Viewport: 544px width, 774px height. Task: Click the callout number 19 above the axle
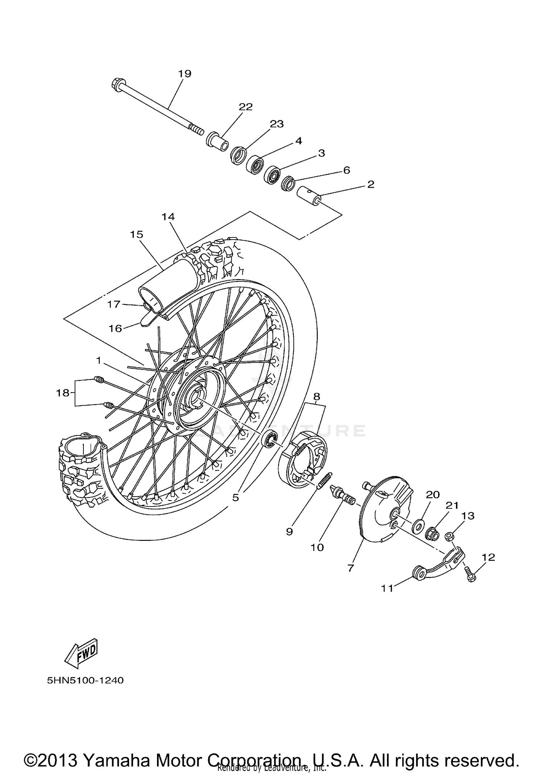185,74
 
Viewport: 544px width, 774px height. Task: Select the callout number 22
246,107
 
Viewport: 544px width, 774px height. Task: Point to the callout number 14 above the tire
168,217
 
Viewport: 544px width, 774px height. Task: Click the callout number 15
137,235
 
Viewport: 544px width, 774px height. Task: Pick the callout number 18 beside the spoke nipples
62,393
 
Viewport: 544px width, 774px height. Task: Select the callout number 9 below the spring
289,531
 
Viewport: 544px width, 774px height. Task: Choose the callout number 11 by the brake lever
387,588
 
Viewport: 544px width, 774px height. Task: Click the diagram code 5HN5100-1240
85,680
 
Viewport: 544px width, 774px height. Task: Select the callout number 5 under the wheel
236,498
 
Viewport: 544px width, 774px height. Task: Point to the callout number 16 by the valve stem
116,328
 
